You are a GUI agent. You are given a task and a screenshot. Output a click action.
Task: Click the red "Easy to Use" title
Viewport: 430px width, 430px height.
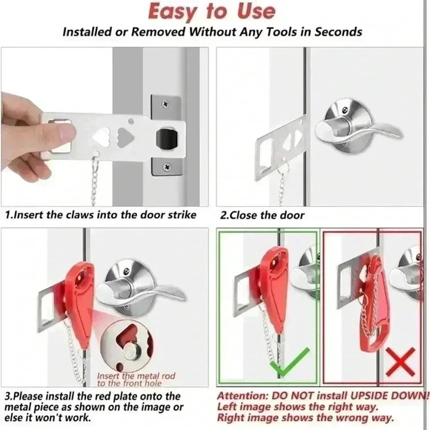[211, 10]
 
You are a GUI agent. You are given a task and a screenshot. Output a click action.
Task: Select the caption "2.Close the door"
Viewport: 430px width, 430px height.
[262, 216]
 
